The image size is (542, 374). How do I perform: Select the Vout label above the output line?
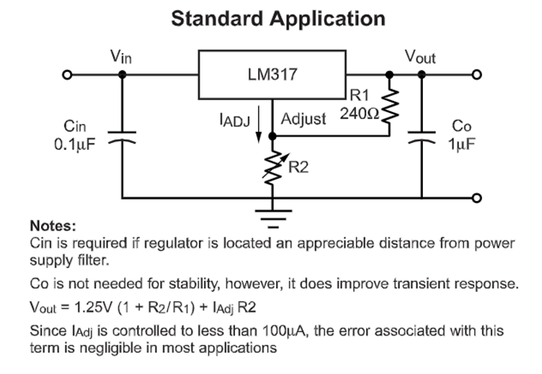pos(421,58)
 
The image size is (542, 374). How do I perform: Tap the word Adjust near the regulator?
pos(304,120)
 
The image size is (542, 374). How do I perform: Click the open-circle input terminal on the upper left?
pos(68,76)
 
